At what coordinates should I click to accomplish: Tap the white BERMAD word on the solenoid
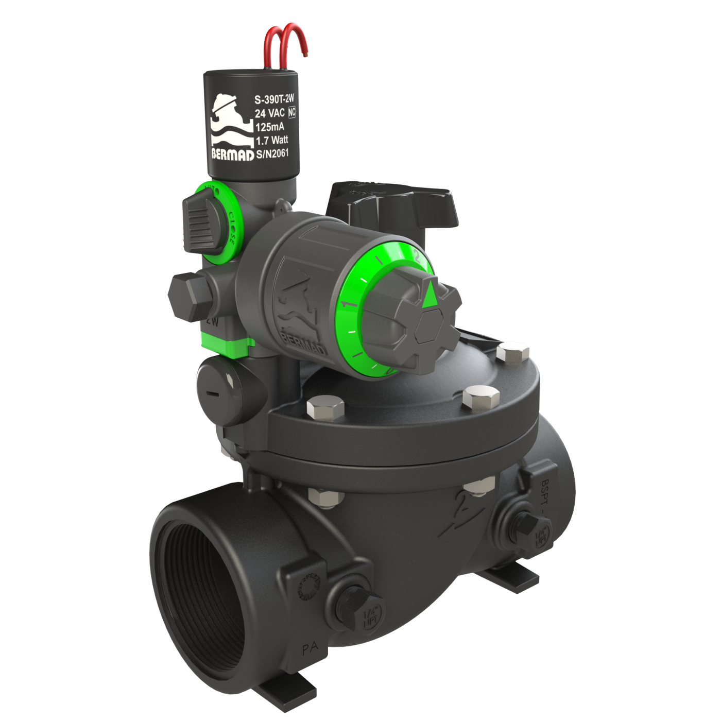tap(232, 155)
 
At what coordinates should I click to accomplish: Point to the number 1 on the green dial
tap(352, 304)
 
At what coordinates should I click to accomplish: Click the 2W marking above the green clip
tap(211, 321)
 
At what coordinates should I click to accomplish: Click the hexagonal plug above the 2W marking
tap(187, 297)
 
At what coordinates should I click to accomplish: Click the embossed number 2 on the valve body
tap(461, 510)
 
